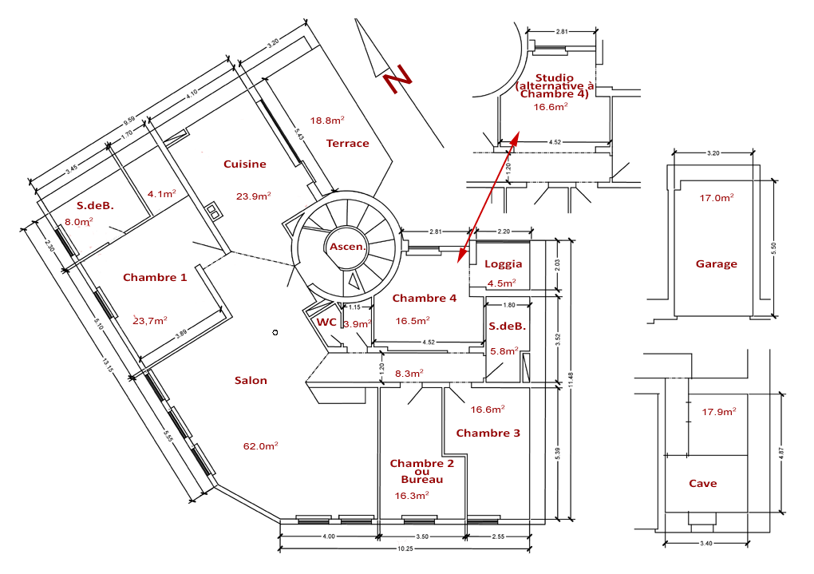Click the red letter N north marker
[396, 83]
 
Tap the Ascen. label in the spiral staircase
[347, 247]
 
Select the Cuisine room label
[245, 164]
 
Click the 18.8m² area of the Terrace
[327, 121]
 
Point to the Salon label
[251, 381]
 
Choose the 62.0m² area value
[261, 446]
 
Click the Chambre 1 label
[155, 278]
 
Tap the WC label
[326, 323]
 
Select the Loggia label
[504, 264]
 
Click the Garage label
[716, 264]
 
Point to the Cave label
[702, 484]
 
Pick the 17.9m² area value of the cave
[718, 412]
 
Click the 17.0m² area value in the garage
[717, 198]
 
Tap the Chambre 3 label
[488, 433]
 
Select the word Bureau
[422, 480]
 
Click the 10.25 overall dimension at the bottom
[405, 550]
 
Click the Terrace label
[348, 144]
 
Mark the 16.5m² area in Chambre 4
[413, 321]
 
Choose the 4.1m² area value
[162, 194]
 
